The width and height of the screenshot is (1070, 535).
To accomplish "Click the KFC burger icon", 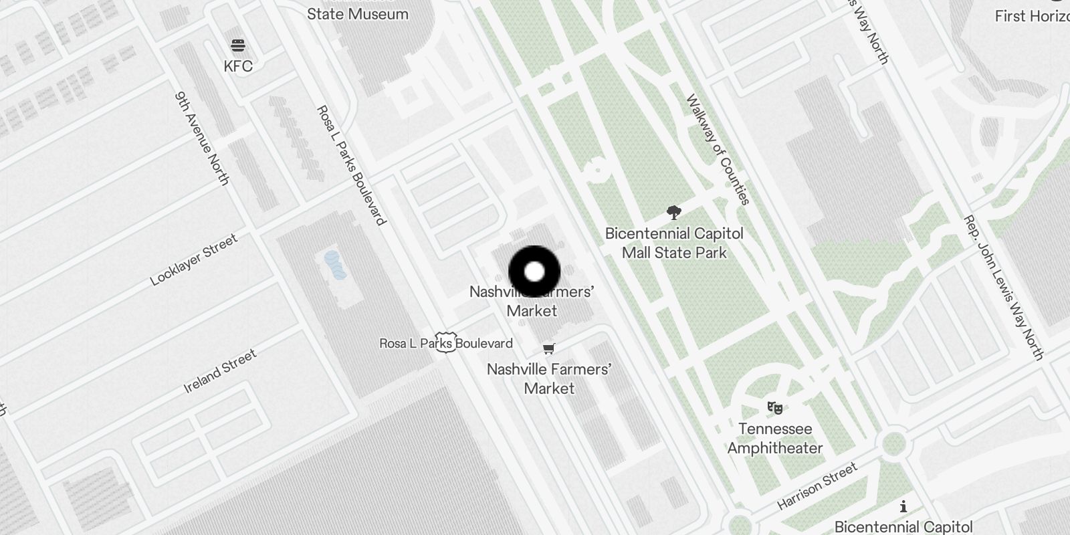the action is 238,45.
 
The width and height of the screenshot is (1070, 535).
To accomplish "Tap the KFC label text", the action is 238,66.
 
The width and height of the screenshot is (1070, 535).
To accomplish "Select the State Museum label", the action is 358,14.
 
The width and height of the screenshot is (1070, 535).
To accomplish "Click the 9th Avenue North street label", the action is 201,138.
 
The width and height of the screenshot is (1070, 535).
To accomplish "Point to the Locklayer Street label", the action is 194,260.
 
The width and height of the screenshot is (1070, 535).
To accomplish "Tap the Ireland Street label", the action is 220,372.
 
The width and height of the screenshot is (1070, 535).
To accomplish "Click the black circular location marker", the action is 534,272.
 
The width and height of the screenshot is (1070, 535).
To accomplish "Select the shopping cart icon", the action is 549,348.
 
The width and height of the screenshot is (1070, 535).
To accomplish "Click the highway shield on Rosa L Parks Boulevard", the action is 445,342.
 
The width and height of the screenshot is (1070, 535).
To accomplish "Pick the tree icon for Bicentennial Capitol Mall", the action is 674,213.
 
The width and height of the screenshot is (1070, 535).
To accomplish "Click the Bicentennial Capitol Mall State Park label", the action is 674,243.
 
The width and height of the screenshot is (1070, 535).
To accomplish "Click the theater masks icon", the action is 775,407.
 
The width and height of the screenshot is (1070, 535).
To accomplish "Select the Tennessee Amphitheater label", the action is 775,438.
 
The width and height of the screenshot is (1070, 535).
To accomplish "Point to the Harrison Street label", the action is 817,486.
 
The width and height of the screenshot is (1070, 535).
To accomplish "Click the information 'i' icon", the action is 903,506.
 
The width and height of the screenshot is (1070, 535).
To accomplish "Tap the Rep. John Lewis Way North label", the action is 1003,288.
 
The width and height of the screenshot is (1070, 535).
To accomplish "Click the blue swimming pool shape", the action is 335,265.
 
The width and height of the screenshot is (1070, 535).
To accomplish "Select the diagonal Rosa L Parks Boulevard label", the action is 351,165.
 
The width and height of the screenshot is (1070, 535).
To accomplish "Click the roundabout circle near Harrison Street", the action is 893,443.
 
